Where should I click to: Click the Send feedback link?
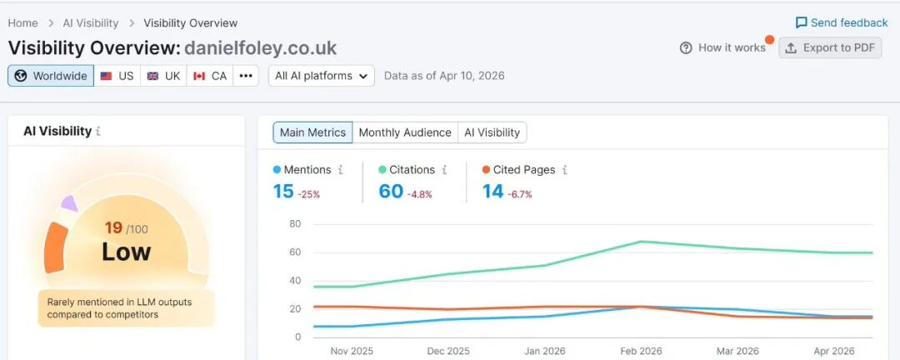(x=842, y=22)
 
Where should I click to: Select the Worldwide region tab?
(x=52, y=76)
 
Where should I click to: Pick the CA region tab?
(x=210, y=76)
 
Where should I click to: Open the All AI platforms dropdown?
(x=322, y=76)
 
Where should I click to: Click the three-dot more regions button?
(x=246, y=76)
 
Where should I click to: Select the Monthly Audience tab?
(x=405, y=132)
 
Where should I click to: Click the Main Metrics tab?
(x=312, y=132)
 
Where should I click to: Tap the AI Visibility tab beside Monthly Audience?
(x=492, y=132)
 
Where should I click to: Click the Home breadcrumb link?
(x=23, y=23)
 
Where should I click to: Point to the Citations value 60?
(x=391, y=192)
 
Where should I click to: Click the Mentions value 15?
(x=283, y=192)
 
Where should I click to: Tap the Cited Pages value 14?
(x=493, y=192)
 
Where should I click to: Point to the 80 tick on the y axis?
(x=295, y=224)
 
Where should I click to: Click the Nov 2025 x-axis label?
(x=351, y=351)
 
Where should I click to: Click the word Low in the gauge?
(x=127, y=252)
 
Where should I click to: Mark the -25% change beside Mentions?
(x=309, y=194)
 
